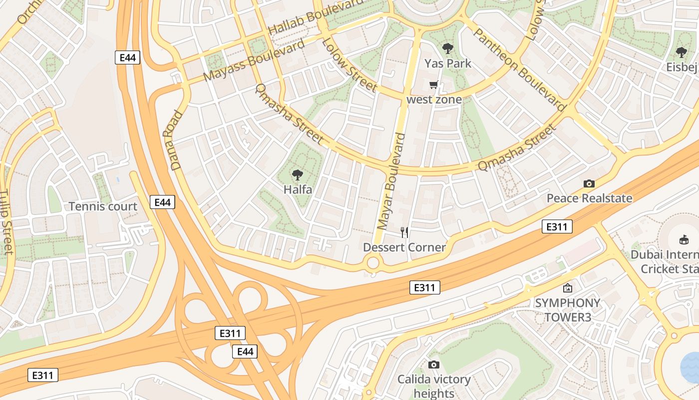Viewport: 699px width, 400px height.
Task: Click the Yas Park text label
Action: pyautogui.click(x=447, y=63)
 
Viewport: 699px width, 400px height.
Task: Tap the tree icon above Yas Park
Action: pyautogui.click(x=447, y=48)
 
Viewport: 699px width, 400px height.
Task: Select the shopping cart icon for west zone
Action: pyautogui.click(x=434, y=85)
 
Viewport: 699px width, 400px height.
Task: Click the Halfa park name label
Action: pyautogui.click(x=298, y=189)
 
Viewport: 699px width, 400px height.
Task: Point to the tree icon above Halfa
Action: pyautogui.click(x=298, y=174)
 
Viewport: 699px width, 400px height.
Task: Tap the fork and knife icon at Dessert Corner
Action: pyautogui.click(x=404, y=232)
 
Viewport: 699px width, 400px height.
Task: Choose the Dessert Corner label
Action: pyautogui.click(x=404, y=247)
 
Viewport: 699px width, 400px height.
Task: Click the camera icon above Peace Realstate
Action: pyautogui.click(x=589, y=183)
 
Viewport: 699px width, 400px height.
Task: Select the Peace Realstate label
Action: pyautogui.click(x=589, y=198)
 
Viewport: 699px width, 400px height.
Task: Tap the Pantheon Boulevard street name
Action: pyautogui.click(x=519, y=69)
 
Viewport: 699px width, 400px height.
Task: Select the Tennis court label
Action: pyautogui.click(x=103, y=206)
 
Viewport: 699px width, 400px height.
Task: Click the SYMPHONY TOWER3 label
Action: pyautogui.click(x=568, y=310)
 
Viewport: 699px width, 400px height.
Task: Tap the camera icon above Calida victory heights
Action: pyautogui.click(x=433, y=364)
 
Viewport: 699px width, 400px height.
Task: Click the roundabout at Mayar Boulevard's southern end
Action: pyautogui.click(x=373, y=262)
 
